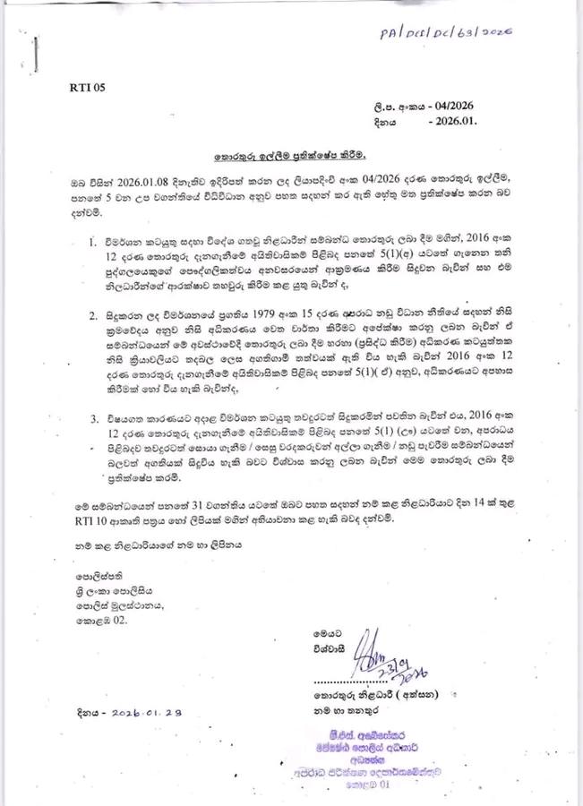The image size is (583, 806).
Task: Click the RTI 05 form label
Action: click(87, 88)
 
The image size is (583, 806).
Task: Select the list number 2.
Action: click(93, 316)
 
